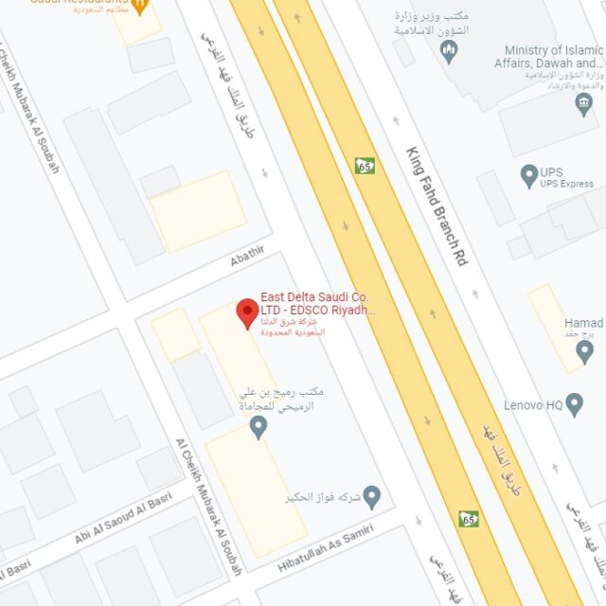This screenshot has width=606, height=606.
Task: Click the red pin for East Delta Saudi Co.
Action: click(x=247, y=312)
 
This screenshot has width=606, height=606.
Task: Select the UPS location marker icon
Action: click(x=529, y=175)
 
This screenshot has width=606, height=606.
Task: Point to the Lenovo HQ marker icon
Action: click(x=574, y=404)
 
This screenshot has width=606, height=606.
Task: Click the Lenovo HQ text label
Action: click(x=533, y=405)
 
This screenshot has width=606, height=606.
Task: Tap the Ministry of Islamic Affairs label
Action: click(x=554, y=57)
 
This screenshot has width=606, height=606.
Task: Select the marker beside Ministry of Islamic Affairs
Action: click(x=583, y=104)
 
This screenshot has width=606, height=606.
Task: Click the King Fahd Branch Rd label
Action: click(x=437, y=205)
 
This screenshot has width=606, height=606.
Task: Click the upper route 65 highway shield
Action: click(x=365, y=166)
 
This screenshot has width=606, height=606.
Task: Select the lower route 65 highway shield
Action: click(x=469, y=519)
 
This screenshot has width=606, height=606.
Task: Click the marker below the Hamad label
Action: click(x=584, y=352)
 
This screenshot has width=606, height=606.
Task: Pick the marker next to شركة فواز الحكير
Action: click(x=372, y=495)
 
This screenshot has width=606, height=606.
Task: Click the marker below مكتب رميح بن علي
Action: click(x=258, y=428)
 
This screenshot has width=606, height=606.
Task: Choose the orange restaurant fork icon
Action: click(x=139, y=6)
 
